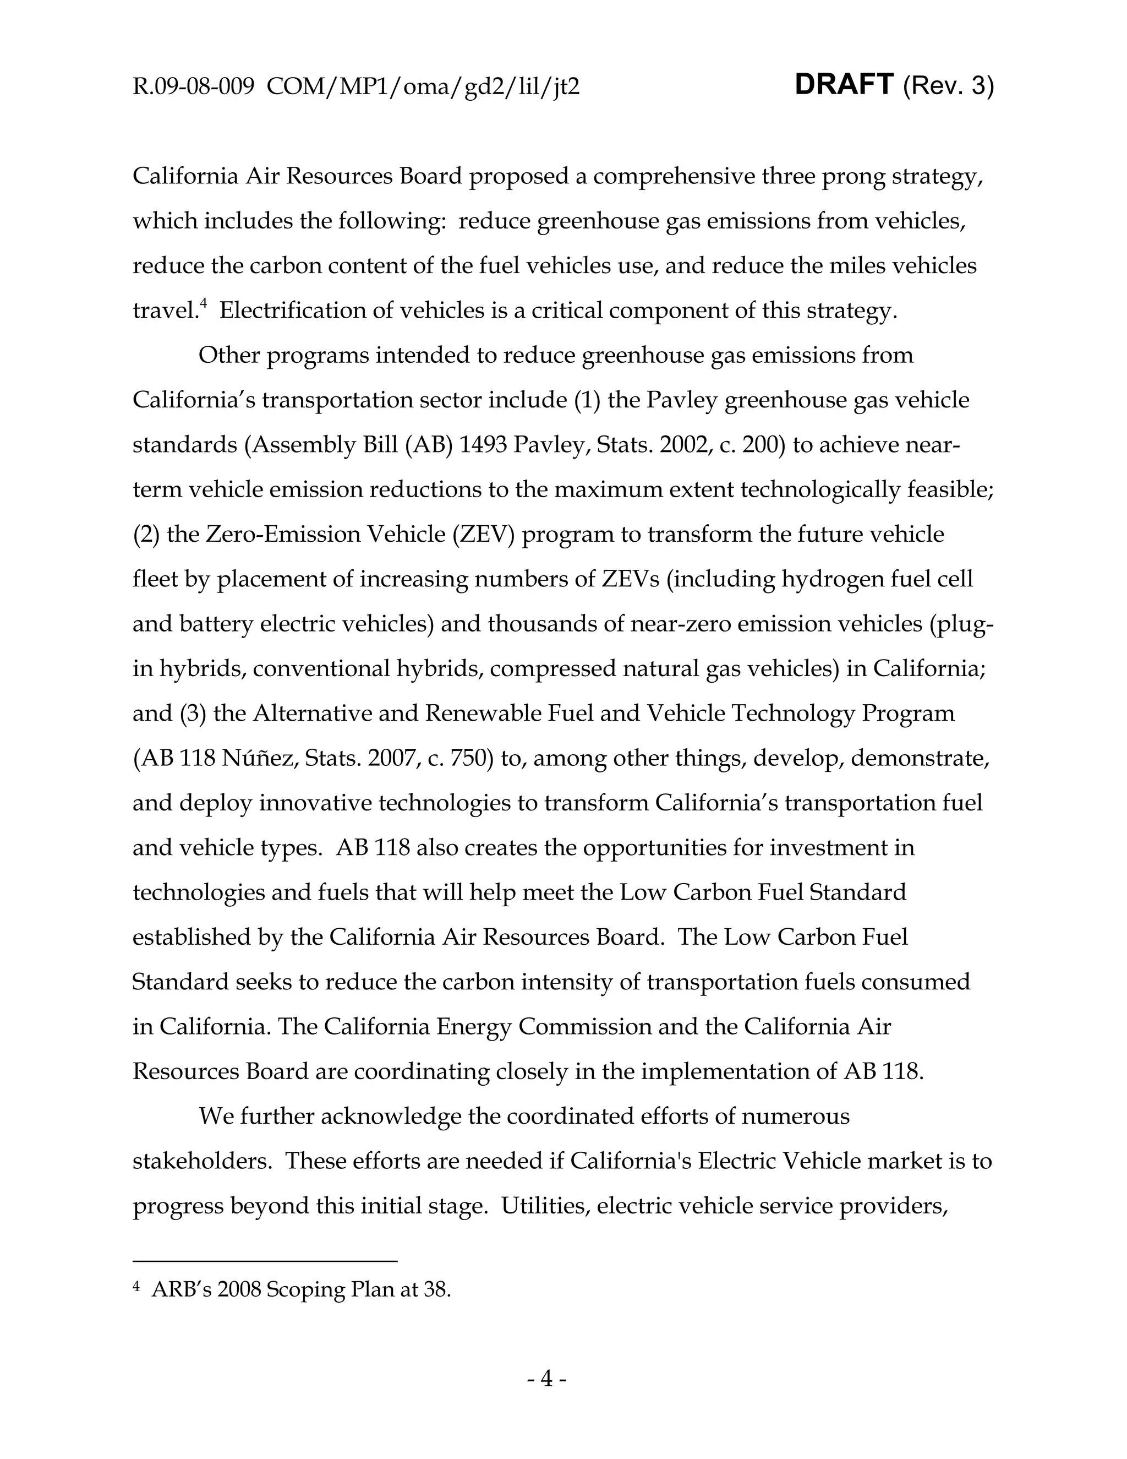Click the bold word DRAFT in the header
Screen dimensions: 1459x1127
click(x=844, y=85)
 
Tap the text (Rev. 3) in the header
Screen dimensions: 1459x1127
click(x=948, y=86)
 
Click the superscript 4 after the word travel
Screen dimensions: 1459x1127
click(x=204, y=304)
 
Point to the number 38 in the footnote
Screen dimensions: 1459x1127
click(x=435, y=1289)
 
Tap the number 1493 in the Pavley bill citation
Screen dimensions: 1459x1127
click(x=484, y=445)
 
